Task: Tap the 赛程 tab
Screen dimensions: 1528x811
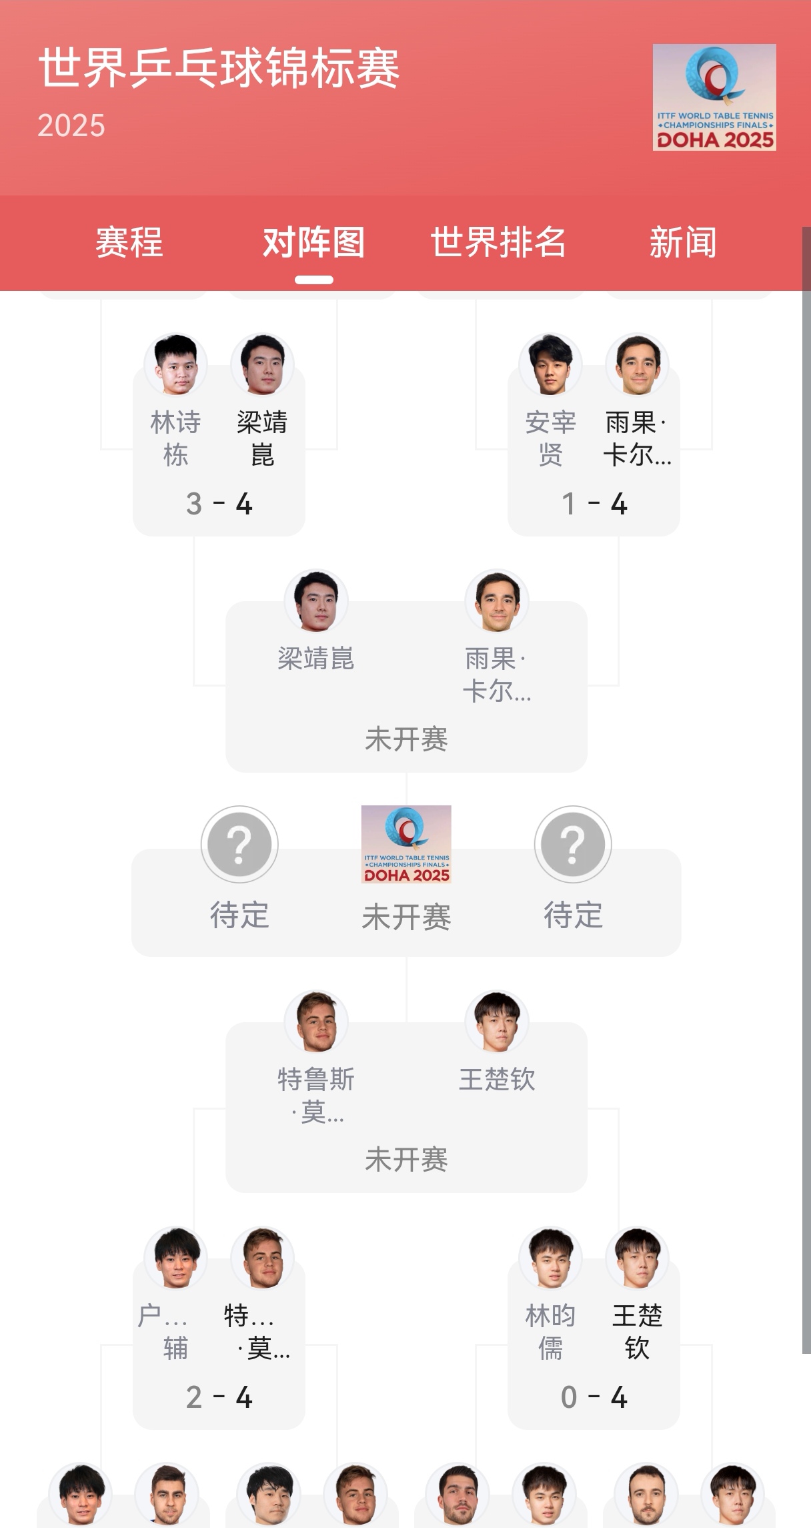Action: pos(129,242)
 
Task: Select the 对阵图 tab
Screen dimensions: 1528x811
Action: pos(313,242)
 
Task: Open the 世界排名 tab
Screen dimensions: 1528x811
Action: pos(498,242)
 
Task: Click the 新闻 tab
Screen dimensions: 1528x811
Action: pos(683,242)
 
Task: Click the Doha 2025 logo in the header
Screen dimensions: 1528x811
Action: pos(714,97)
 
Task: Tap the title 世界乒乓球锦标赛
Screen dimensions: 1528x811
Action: pos(219,68)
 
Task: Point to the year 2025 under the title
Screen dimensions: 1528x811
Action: pos(71,125)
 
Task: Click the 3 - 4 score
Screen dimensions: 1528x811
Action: pos(219,504)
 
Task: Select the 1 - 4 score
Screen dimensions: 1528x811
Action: pos(594,504)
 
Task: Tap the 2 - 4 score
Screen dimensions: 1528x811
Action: pos(219,1397)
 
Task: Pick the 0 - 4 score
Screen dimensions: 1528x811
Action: pos(594,1397)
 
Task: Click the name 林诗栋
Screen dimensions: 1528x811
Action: pos(175,438)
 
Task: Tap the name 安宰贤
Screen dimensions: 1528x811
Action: pos(550,438)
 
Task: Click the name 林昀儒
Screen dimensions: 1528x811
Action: pos(550,1332)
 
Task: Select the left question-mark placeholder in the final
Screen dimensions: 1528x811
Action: pos(239,844)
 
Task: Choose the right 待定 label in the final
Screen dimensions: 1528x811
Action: pos(573,915)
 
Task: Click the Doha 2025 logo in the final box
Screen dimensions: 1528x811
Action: pos(406,844)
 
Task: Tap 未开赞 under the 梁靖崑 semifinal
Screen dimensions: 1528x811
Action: pos(406,739)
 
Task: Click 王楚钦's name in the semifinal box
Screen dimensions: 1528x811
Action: pos(497,1080)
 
